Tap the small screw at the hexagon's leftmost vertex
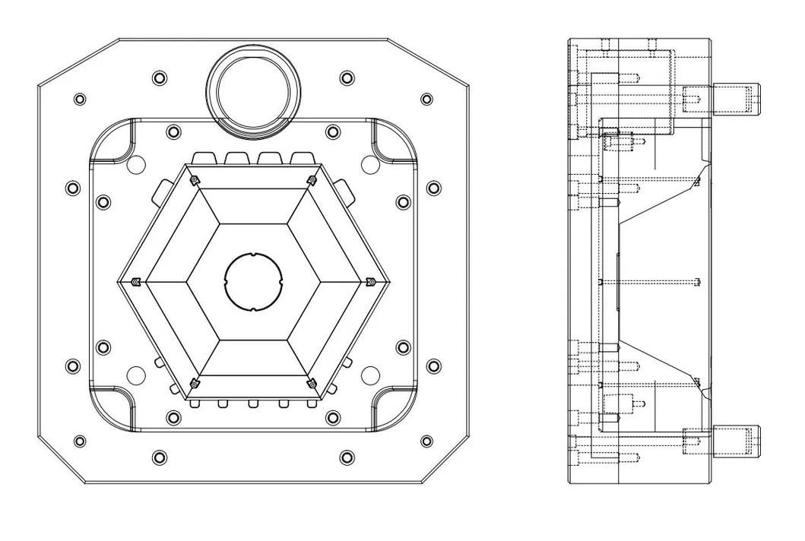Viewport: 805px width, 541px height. pos(135,282)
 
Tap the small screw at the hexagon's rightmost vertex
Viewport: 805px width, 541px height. pos(370,282)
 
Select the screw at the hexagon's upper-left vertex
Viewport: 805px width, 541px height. pos(195,180)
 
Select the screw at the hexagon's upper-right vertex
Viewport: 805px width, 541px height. pos(312,180)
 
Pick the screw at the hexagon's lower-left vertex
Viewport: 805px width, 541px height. pos(195,384)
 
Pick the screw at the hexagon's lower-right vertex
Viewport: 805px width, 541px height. pos(312,384)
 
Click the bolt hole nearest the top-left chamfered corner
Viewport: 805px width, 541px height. pos(80,100)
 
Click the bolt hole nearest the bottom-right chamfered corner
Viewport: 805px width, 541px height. pos(427,441)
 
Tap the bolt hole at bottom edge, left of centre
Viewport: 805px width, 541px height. pos(159,457)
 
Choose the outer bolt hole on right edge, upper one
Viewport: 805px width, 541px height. pos(433,187)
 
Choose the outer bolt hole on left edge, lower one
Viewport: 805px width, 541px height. pos(72,366)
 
